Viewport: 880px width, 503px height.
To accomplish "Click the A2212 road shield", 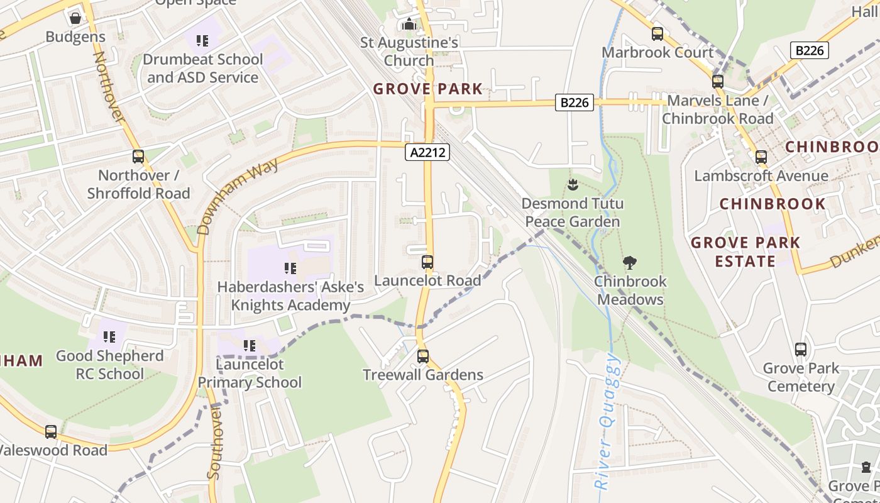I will pyautogui.click(x=427, y=152).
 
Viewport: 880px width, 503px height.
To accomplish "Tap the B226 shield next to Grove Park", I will pyautogui.click(x=575, y=102).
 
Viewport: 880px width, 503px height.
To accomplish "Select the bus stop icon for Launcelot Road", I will pyautogui.click(x=427, y=262).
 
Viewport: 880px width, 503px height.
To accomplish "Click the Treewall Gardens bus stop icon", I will pyautogui.click(x=423, y=357).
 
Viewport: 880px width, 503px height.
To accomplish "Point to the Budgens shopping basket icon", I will pyautogui.click(x=75, y=18).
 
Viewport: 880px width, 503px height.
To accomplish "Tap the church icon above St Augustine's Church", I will pyautogui.click(x=409, y=25).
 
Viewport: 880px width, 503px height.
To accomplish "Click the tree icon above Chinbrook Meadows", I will pyautogui.click(x=630, y=263).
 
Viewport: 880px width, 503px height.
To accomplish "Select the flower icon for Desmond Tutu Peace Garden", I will pyautogui.click(x=572, y=185).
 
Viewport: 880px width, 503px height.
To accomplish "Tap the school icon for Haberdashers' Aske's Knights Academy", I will pyautogui.click(x=290, y=269).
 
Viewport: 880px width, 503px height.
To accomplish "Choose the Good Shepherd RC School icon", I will pyautogui.click(x=110, y=338).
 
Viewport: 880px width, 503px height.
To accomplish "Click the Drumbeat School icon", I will pyautogui.click(x=202, y=41).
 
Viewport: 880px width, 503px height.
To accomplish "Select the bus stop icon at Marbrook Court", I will pyautogui.click(x=657, y=34).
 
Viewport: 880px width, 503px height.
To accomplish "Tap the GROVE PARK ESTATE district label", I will pyautogui.click(x=745, y=251).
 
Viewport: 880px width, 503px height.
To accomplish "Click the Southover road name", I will pyautogui.click(x=215, y=443).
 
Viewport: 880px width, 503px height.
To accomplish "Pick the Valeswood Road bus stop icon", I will pyautogui.click(x=51, y=432).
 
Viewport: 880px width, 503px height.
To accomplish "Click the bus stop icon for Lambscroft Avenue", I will pyautogui.click(x=761, y=157).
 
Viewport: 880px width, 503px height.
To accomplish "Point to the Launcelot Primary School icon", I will pyautogui.click(x=250, y=346).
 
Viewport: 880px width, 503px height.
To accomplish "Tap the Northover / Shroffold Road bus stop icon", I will pyautogui.click(x=138, y=157).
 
